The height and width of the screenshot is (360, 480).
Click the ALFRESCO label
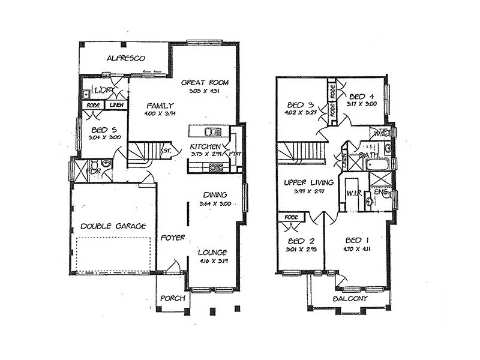(x=124, y=58)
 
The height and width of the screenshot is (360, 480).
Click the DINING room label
(x=215, y=194)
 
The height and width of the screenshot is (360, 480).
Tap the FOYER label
(x=173, y=238)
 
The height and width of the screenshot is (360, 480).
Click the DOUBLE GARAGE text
(x=113, y=226)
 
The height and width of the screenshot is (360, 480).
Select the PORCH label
(x=173, y=298)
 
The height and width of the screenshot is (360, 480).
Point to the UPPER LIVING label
(x=303, y=182)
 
